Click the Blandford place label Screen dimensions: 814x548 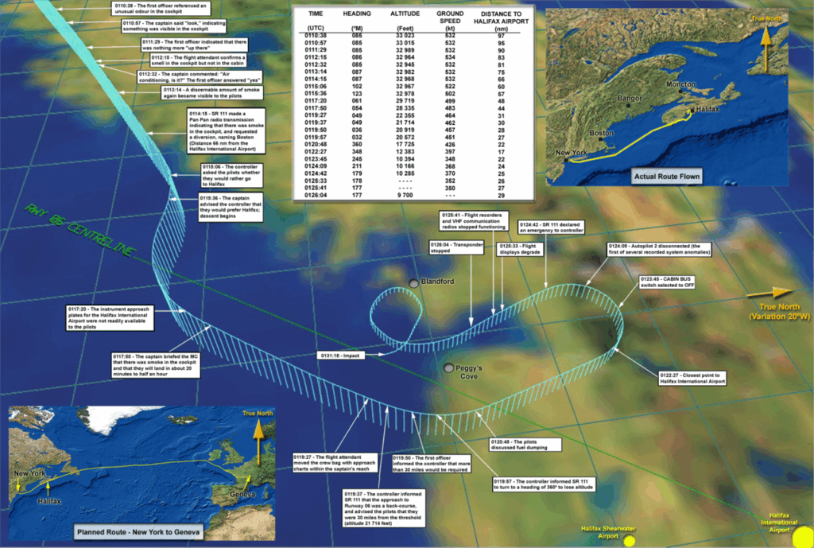pyautogui.click(x=437, y=282)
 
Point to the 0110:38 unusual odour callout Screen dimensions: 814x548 pyautogui.click(x=149, y=9)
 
